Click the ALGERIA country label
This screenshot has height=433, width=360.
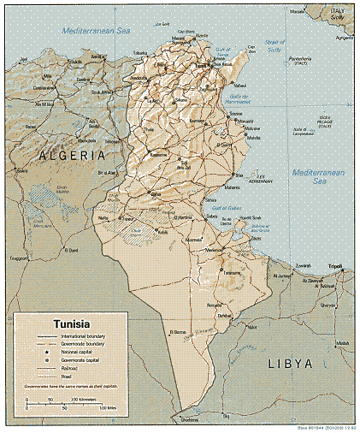71,156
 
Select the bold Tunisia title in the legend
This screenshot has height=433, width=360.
74,324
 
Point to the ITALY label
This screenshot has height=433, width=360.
338,9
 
